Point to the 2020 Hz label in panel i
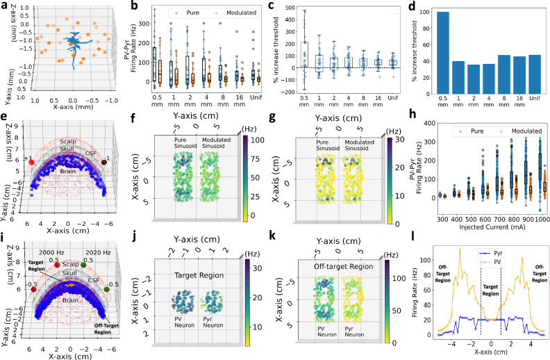(x=94, y=252)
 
